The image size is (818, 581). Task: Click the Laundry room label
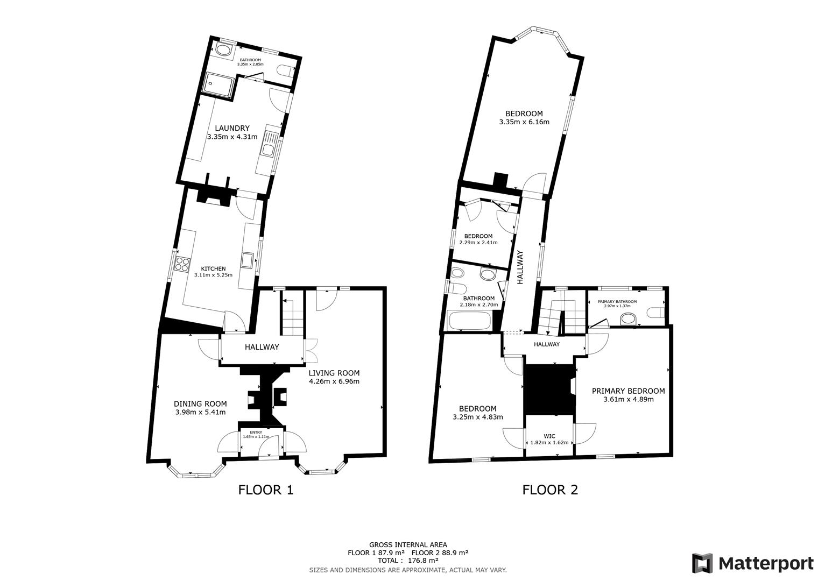point(232,128)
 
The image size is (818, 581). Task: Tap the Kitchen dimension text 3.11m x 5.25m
point(213,275)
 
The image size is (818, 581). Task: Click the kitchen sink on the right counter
point(248,260)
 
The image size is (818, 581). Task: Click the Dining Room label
point(200,403)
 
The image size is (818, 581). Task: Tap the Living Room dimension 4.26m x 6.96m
point(334,381)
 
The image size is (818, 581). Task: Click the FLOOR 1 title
point(266,490)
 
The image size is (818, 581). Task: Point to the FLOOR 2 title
point(550,490)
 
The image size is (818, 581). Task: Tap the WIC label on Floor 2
point(549,436)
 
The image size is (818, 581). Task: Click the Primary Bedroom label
point(628,391)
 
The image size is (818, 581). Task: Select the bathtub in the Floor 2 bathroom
point(469,322)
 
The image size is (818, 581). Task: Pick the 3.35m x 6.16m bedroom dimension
point(524,122)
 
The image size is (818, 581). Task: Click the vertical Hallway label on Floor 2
point(520,267)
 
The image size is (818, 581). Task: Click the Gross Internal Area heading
point(407,544)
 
